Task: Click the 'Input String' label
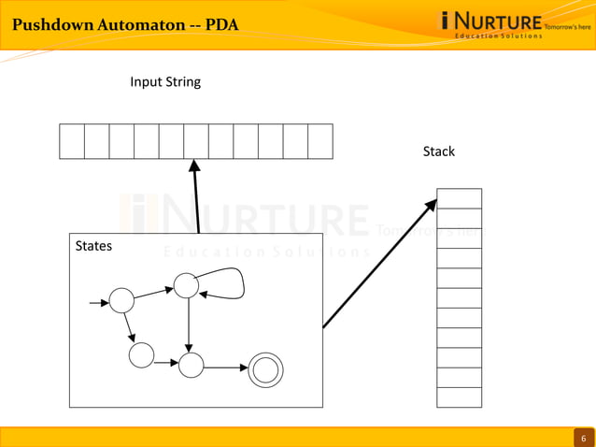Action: pos(165,81)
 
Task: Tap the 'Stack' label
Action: pos(438,151)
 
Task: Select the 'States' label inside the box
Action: pos(93,246)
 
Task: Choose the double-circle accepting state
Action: pos(264,371)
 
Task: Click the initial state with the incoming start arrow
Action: pos(121,300)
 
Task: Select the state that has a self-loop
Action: pos(186,285)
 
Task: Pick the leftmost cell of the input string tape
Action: pos(72,141)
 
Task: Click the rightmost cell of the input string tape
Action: pos(320,141)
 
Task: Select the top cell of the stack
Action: pos(459,198)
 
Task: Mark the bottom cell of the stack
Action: pos(459,397)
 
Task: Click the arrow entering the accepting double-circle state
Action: pos(225,368)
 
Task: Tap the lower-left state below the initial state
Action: pos(141,354)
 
